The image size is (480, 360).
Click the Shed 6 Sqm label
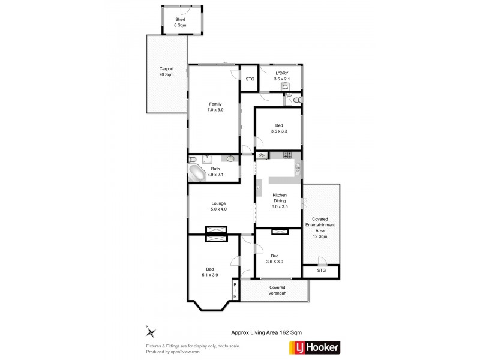point(180,22)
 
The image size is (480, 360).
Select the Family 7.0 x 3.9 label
point(215,107)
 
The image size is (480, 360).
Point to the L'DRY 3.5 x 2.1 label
point(282,76)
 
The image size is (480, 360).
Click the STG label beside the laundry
point(250,79)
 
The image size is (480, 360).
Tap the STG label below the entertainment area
point(322,271)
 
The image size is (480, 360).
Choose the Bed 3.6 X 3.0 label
point(274,259)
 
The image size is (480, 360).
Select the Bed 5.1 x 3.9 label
point(209,272)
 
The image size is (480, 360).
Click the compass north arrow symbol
point(151,332)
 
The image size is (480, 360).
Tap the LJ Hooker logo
point(314,347)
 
